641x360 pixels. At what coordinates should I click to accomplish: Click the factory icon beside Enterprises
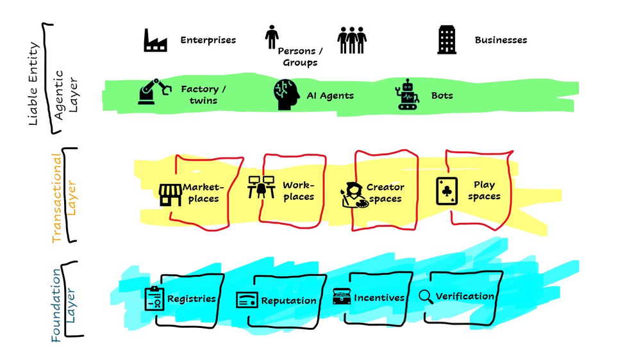click(x=155, y=40)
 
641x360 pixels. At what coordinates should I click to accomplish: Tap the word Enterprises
click(x=208, y=40)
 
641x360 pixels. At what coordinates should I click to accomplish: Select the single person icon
click(x=271, y=37)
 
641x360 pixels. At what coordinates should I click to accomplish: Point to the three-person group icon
click(x=352, y=40)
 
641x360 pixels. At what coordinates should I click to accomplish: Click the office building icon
click(x=447, y=40)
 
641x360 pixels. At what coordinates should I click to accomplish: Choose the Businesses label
click(x=501, y=40)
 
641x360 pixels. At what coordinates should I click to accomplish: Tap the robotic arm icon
click(x=154, y=92)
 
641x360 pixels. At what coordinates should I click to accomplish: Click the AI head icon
click(x=287, y=95)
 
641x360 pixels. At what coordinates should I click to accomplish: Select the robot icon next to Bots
click(x=407, y=94)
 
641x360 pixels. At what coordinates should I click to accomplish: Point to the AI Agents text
click(x=330, y=95)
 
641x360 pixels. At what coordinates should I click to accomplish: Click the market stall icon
click(x=171, y=195)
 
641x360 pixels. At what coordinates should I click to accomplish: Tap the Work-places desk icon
click(x=262, y=187)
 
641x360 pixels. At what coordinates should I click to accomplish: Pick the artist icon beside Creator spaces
click(x=354, y=195)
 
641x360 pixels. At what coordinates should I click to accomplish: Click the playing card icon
click(x=447, y=192)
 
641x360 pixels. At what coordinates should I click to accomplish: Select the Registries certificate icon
click(x=154, y=299)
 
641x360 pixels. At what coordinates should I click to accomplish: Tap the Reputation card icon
click(x=247, y=300)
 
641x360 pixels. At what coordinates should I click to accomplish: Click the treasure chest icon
click(x=342, y=296)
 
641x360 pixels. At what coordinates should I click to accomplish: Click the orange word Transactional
click(x=57, y=198)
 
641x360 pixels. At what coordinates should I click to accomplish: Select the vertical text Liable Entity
click(x=33, y=84)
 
